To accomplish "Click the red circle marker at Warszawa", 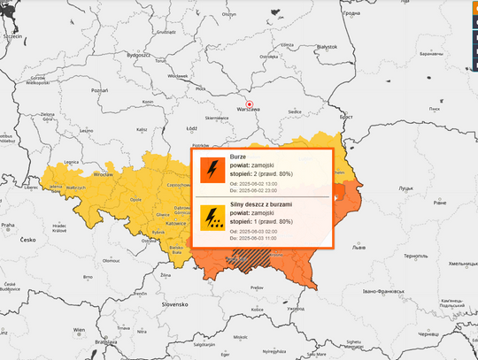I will [x=249, y=103].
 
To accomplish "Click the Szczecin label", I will [x=12, y=37].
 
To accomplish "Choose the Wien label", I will [x=78, y=330].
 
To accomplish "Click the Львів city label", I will [x=358, y=249].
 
